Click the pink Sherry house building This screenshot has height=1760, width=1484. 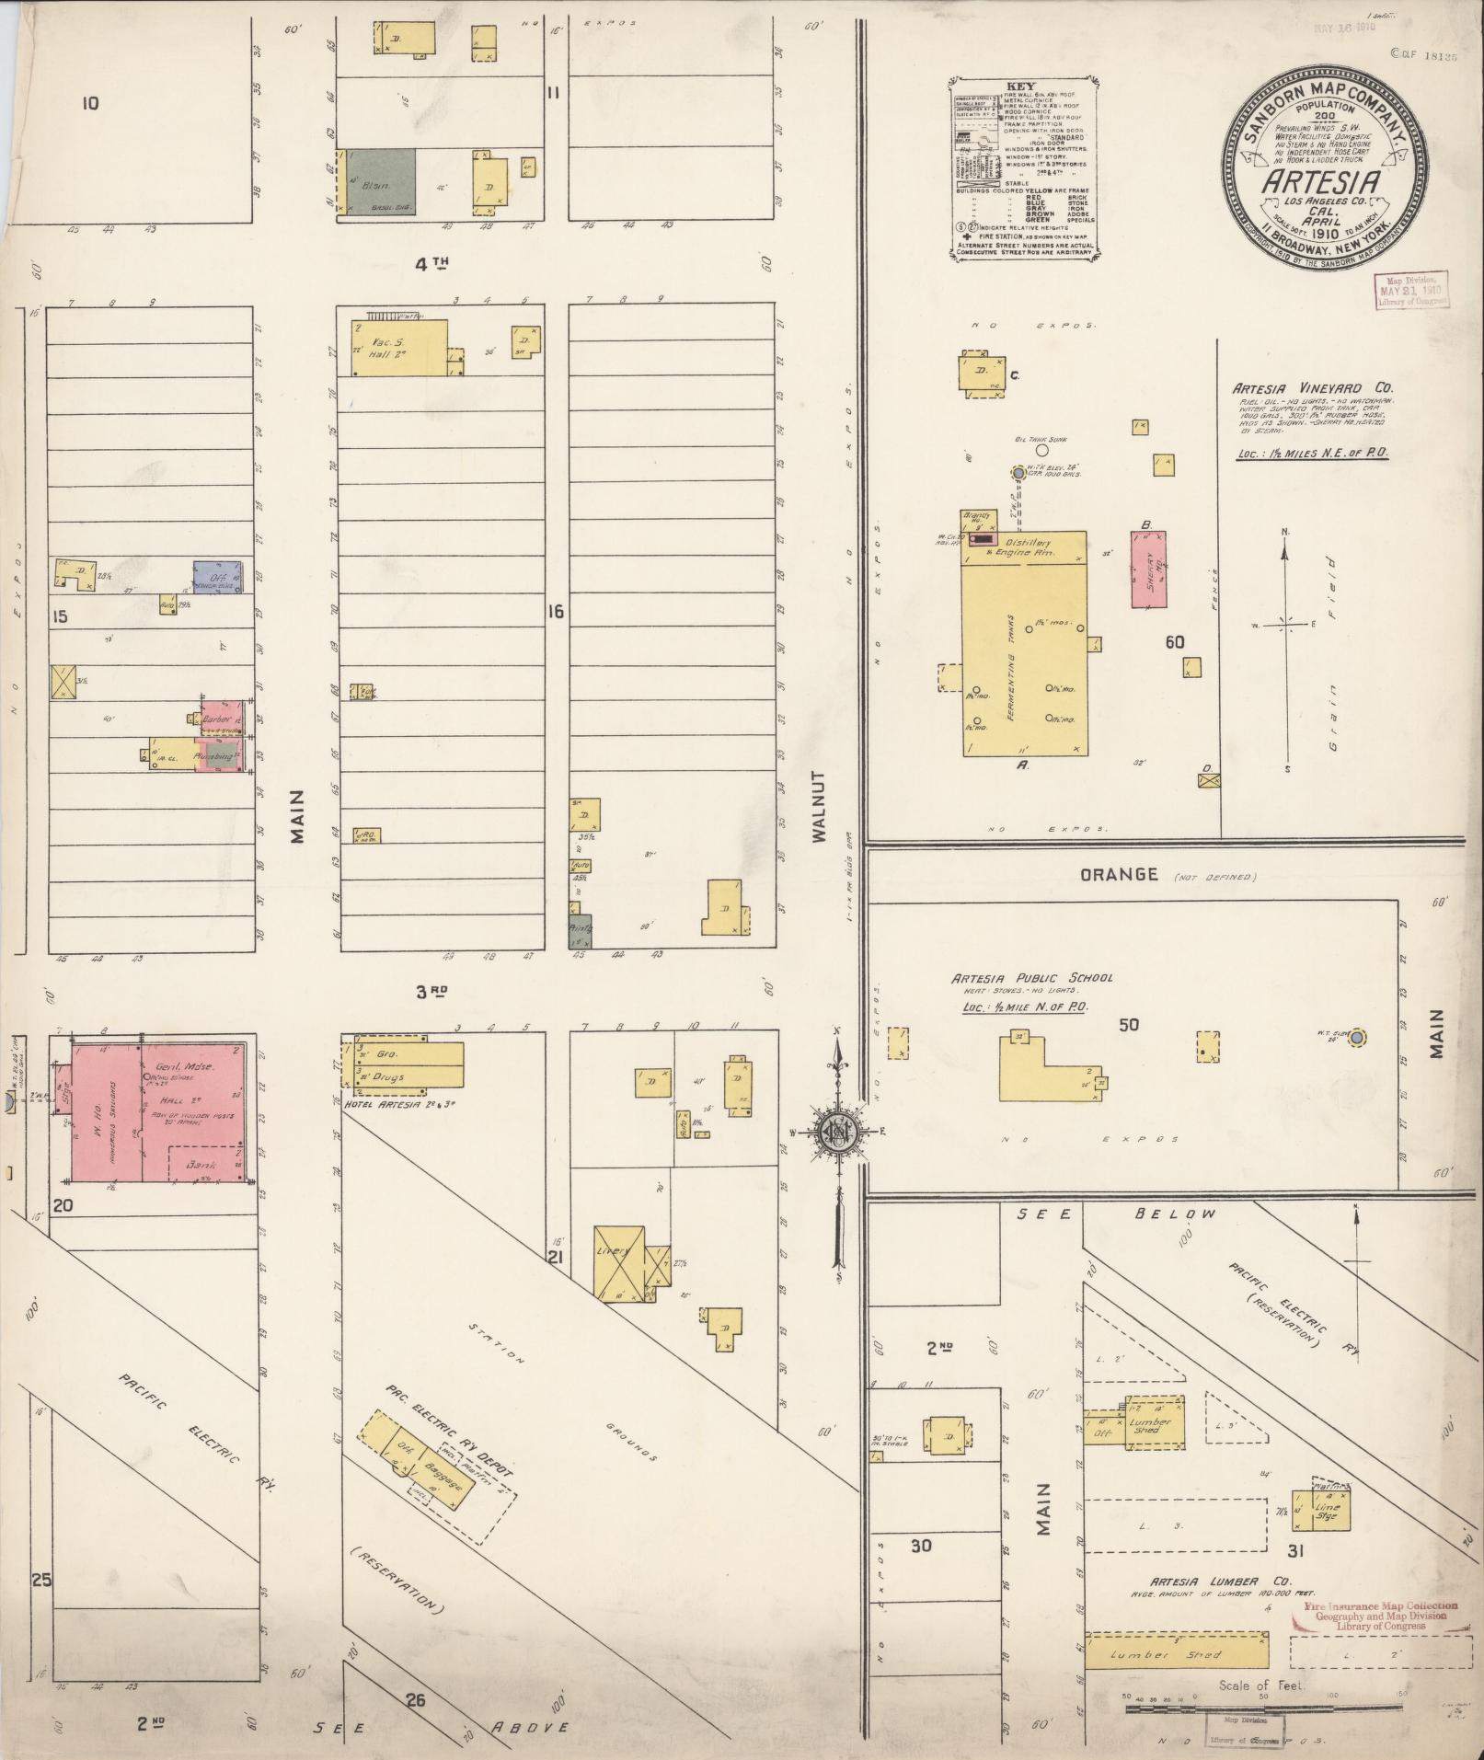tap(1148, 569)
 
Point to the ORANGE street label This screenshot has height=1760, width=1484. tap(1120, 874)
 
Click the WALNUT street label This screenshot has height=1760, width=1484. tap(820, 807)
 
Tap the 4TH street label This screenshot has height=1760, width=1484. tap(431, 265)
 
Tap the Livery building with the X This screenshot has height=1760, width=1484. tap(618, 1262)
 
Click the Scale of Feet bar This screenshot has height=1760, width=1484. tap(1262, 1708)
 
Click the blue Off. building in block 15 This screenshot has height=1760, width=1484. tap(218, 577)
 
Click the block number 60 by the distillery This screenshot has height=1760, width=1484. tap(1175, 642)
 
